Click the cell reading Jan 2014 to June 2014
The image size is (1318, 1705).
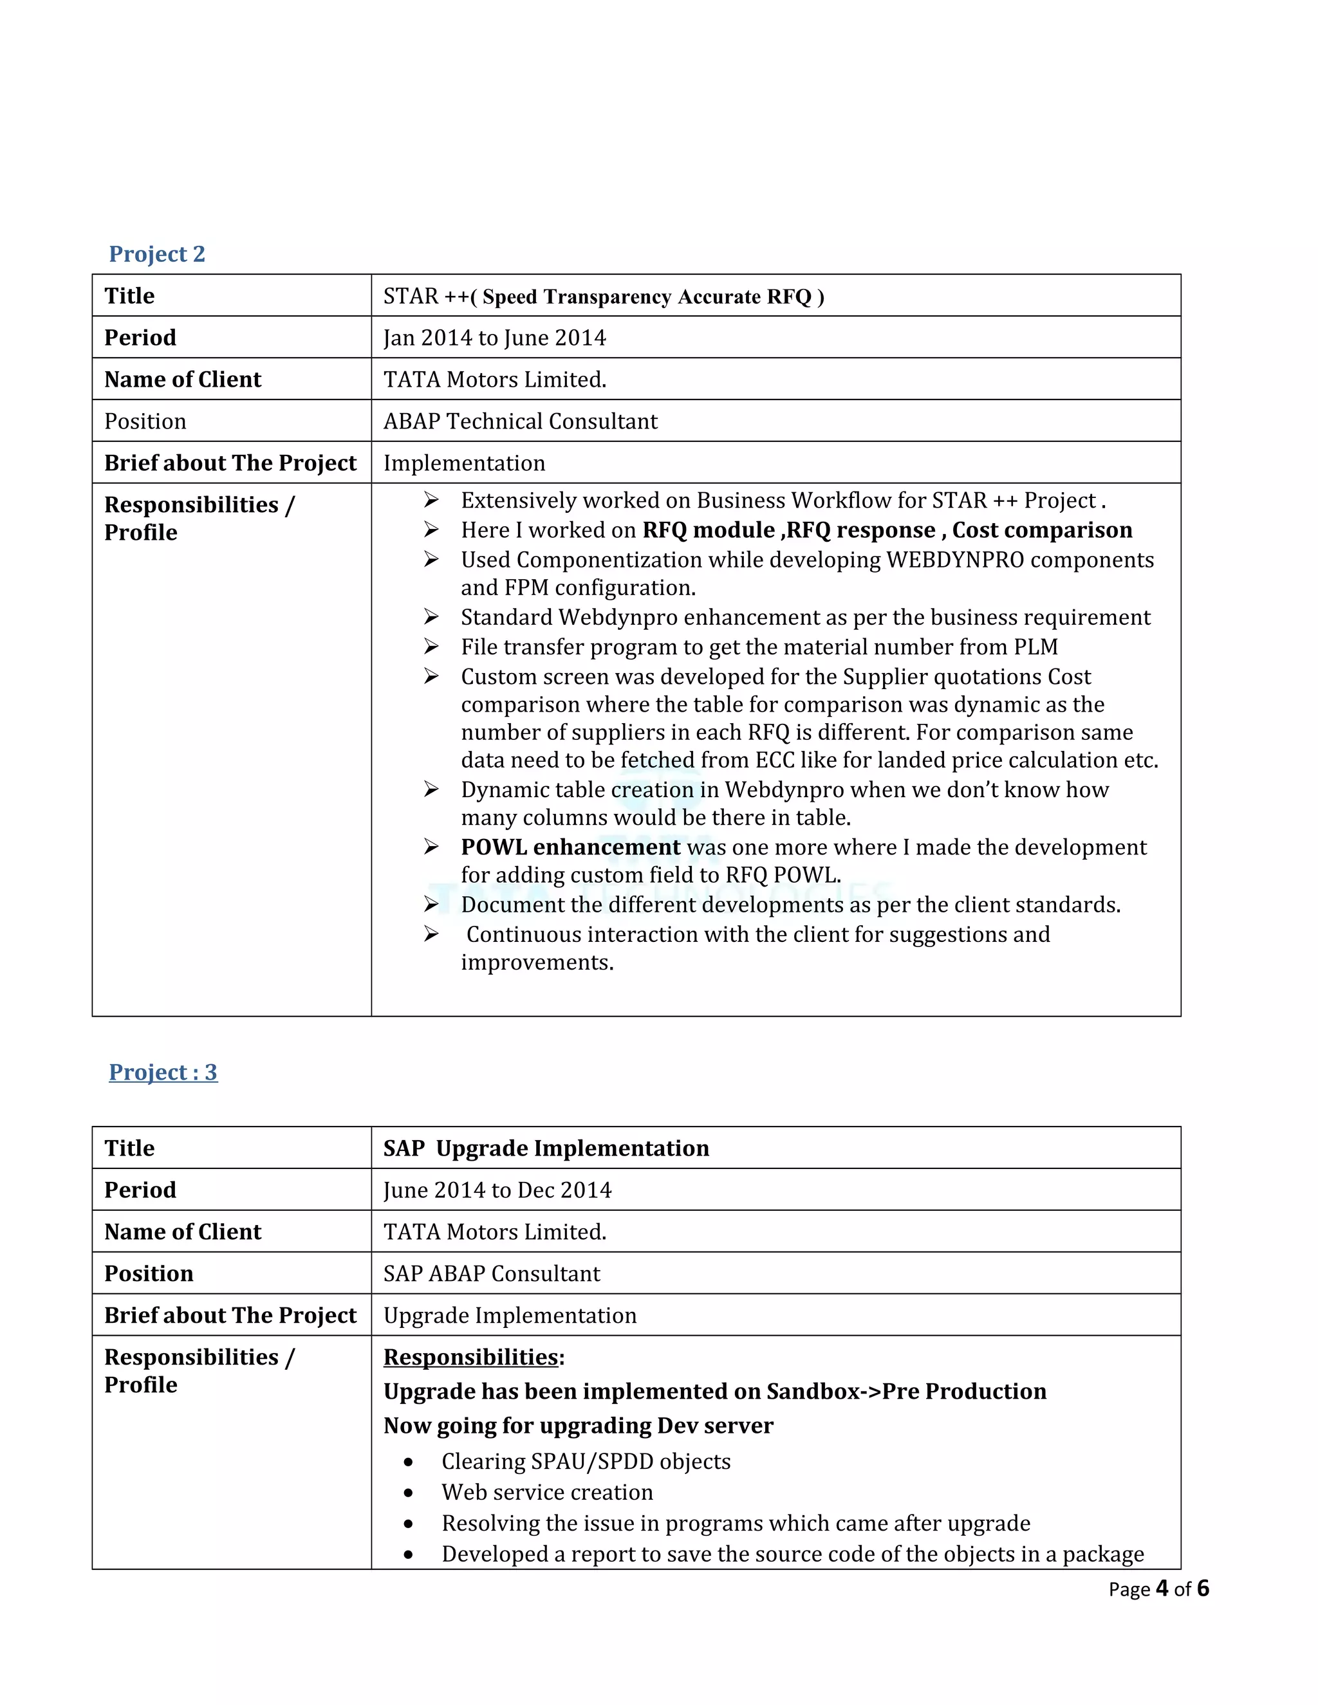coord(494,337)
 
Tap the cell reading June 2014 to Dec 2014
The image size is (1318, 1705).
coord(497,1190)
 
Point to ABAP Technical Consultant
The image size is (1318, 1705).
coord(520,421)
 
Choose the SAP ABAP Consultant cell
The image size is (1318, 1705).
coord(492,1273)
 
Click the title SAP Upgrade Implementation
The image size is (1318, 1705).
coord(546,1148)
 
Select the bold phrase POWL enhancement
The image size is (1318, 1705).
coord(570,847)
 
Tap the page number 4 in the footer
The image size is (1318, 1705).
coord(1162,1589)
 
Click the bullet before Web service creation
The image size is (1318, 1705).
coord(409,1493)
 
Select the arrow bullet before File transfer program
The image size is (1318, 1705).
coord(431,647)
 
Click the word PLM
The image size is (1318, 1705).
coord(1035,647)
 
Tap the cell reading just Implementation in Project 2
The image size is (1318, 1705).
coord(464,463)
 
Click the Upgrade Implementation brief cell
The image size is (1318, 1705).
coord(510,1316)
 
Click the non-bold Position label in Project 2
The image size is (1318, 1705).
coord(145,421)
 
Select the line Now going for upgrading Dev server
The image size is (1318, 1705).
coord(578,1426)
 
